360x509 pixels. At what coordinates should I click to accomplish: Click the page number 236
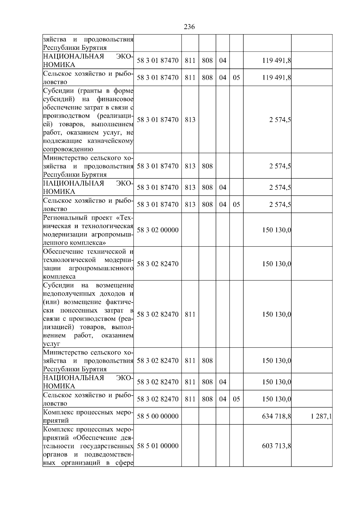point(189,27)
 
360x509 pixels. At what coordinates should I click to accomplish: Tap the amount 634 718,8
point(277,416)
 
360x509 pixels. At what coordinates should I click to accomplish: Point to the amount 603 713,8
point(277,446)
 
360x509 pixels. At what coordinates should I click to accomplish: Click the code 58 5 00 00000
point(157,416)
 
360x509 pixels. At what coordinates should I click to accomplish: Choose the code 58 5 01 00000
point(157,446)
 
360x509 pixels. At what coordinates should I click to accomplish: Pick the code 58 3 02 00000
point(157,230)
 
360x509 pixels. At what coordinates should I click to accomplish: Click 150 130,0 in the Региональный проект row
point(277,230)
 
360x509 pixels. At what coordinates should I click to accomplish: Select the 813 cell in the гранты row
point(190,120)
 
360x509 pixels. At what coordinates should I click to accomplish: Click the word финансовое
point(115,99)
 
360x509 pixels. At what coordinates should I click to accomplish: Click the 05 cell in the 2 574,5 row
point(236,204)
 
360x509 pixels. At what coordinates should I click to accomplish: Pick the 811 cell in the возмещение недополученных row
point(190,314)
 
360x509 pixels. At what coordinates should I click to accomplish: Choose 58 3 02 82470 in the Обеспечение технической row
point(157,264)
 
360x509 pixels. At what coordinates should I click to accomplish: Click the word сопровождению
point(68,149)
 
